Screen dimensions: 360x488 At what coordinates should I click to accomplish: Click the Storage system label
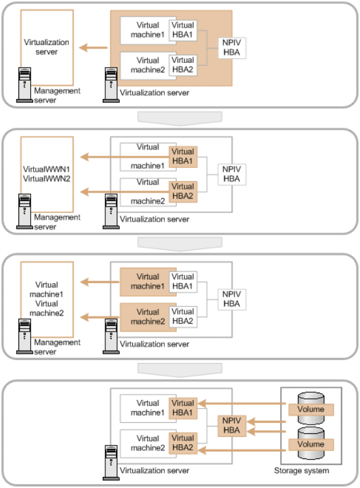coord(301,470)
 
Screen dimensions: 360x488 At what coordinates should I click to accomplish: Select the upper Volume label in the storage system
coord(311,409)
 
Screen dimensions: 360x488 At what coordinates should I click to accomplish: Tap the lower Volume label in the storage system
coord(311,444)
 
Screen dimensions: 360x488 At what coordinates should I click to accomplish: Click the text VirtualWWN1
coord(47,169)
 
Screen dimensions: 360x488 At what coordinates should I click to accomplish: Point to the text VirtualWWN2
coord(47,178)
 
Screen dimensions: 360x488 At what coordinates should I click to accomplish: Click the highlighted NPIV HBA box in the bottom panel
coord(232,425)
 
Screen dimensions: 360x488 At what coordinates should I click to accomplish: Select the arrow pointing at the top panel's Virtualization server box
coord(93,47)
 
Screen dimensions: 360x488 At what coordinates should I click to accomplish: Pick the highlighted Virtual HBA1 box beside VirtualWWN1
coord(183,156)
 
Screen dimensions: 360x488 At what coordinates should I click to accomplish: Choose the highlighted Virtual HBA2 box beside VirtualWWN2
coord(183,191)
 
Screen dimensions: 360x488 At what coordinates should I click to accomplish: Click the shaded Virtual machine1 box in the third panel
coord(148,282)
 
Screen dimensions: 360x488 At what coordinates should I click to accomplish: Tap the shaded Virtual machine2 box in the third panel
coord(148,317)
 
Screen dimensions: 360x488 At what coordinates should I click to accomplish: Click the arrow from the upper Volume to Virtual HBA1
coord(242,404)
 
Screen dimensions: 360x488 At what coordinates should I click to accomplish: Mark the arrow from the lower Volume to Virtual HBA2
coord(242,450)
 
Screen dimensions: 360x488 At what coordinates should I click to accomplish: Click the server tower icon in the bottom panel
coord(111,463)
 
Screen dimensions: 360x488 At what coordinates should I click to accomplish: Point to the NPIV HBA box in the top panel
coord(232,47)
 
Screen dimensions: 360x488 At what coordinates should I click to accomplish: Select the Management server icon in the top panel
coord(25,85)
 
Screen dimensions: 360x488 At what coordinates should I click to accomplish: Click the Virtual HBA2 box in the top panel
coord(183,65)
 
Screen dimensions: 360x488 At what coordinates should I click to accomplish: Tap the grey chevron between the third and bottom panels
coord(180,369)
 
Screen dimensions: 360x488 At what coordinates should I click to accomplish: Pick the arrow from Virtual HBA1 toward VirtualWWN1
coord(124,156)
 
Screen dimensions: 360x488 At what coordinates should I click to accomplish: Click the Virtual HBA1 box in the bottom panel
coord(183,408)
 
